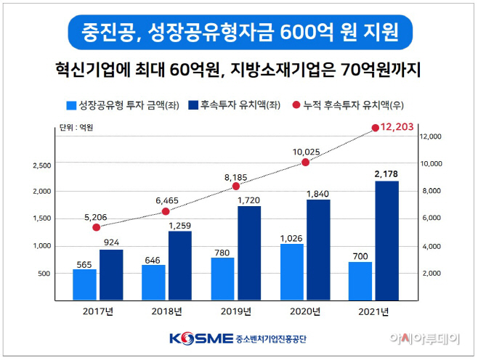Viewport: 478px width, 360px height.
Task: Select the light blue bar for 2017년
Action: [84, 285]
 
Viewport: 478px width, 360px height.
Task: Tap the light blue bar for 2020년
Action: [292, 271]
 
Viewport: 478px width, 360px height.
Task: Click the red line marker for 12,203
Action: [376, 128]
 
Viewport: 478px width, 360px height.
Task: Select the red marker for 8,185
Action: [236, 186]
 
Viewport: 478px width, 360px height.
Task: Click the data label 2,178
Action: [386, 173]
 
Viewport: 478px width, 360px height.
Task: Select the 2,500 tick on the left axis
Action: [41, 165]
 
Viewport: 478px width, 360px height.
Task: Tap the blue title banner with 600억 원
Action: [238, 32]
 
